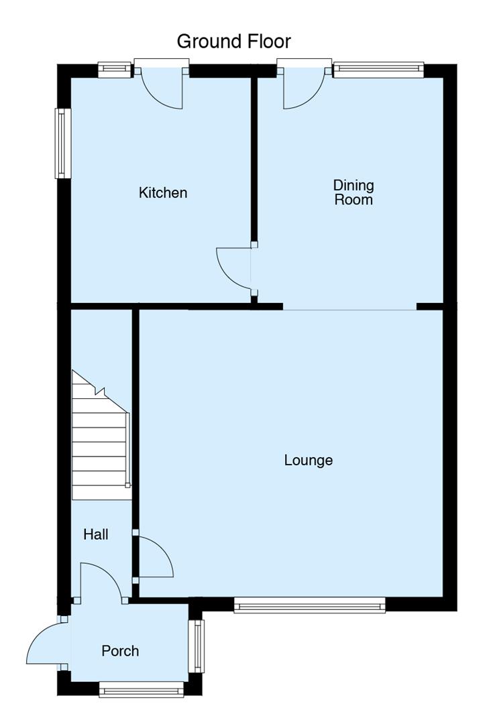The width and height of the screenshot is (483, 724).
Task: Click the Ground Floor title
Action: [234, 42]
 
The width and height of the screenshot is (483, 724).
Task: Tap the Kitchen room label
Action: [163, 192]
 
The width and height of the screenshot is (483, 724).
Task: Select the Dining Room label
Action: [354, 192]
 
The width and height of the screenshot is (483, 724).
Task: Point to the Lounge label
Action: [309, 461]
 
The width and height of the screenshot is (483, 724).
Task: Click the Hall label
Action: [96, 534]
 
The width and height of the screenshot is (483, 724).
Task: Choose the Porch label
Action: [120, 651]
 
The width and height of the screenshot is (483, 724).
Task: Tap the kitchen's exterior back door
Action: [162, 88]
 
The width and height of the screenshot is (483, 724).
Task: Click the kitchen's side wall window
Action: [63, 143]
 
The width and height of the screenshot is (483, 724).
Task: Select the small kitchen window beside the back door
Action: [115, 70]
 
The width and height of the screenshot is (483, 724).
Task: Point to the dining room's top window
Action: [378, 70]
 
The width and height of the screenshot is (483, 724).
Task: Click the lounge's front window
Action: [310, 605]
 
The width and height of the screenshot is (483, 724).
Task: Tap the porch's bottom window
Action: [142, 689]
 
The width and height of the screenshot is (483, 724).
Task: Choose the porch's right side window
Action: [197, 646]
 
